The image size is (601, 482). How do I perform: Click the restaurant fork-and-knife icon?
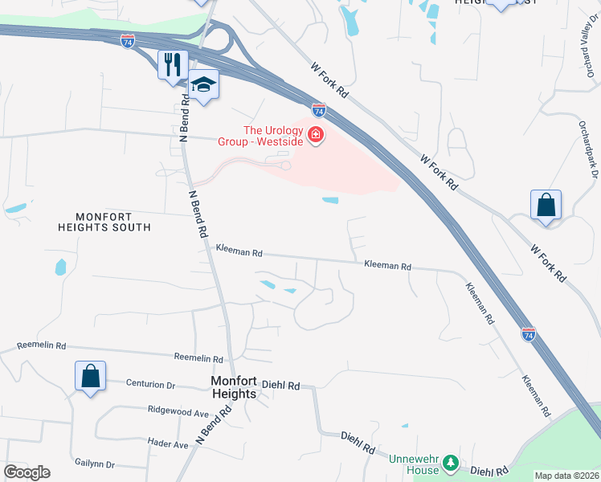pyautogui.click(x=173, y=64)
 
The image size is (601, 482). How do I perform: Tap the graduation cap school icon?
pyautogui.click(x=204, y=84)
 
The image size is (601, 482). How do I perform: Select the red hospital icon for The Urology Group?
pyautogui.click(x=316, y=134)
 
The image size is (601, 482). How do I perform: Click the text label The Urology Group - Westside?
pyautogui.click(x=262, y=136)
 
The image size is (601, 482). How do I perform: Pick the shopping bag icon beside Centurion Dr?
pyautogui.click(x=90, y=376)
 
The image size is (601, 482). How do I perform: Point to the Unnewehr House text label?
pyautogui.click(x=414, y=464)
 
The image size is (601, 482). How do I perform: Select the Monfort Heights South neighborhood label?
pyautogui.click(x=104, y=222)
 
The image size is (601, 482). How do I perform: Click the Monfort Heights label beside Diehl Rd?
pyautogui.click(x=233, y=387)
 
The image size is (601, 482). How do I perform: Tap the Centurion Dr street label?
pyautogui.click(x=150, y=384)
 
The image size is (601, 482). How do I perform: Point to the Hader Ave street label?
pyautogui.click(x=168, y=443)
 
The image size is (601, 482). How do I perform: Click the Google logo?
pyautogui.click(x=27, y=472)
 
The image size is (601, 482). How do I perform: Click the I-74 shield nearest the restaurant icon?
pyautogui.click(x=127, y=40)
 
